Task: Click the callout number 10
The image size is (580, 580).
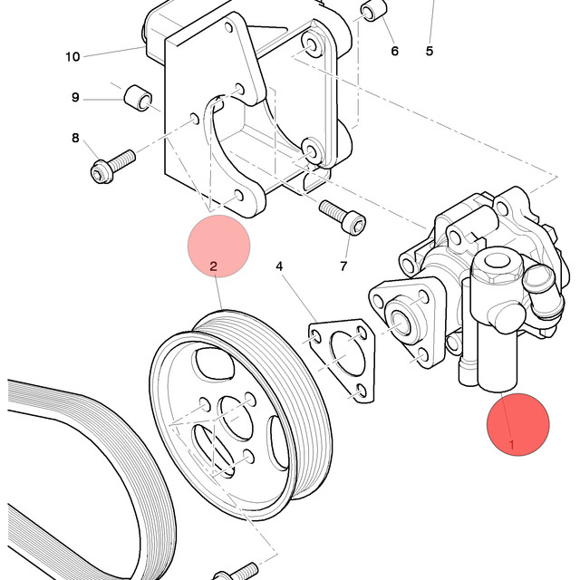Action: click(x=72, y=57)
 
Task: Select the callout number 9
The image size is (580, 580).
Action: click(x=75, y=97)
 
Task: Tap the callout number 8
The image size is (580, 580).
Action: click(x=75, y=138)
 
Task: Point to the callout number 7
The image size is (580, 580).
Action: click(x=343, y=266)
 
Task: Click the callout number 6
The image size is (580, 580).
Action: click(x=395, y=51)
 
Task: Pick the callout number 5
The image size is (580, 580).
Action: click(x=429, y=51)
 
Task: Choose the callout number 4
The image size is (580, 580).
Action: click(x=279, y=266)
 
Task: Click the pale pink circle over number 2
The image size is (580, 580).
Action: click(x=219, y=246)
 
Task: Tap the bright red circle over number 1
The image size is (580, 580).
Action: click(x=517, y=424)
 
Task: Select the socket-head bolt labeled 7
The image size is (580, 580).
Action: click(x=343, y=217)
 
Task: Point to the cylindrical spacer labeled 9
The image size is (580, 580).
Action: click(x=138, y=98)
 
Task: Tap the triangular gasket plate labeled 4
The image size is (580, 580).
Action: click(x=342, y=360)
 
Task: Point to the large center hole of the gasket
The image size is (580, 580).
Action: click(x=347, y=354)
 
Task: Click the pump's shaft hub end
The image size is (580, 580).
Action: click(x=401, y=323)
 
